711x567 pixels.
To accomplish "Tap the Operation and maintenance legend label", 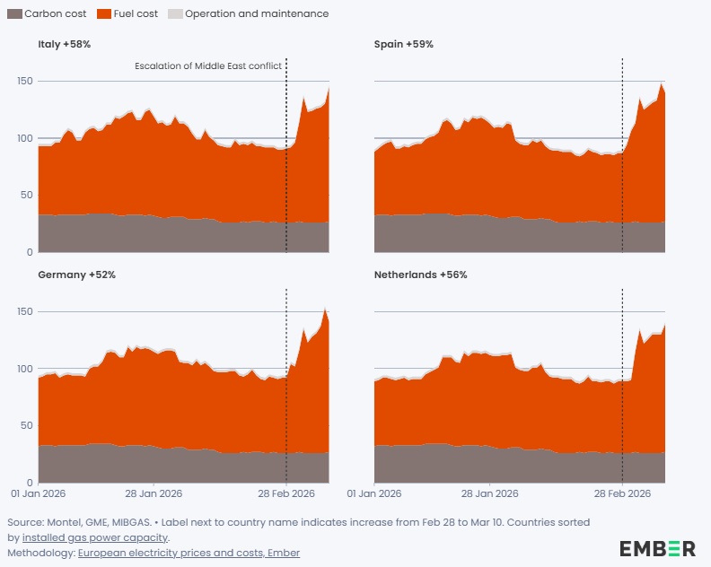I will point(257,14).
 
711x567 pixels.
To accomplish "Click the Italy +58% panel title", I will point(64,44).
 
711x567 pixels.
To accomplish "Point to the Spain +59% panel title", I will point(404,44).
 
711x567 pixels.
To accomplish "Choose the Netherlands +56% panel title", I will point(420,275).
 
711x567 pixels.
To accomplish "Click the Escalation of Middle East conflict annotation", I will point(208,66).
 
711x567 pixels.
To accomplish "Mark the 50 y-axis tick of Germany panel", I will point(27,425).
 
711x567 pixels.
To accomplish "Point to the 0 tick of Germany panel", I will point(30,483).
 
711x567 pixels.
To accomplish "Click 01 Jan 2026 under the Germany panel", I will point(38,493).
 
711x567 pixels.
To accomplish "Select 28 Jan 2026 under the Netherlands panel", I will point(489,493).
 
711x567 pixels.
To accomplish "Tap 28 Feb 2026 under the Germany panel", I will point(286,493).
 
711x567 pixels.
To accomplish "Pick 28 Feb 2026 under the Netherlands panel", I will point(622,493).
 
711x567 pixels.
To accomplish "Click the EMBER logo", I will point(657,548).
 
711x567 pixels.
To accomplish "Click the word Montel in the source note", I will point(65,521).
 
